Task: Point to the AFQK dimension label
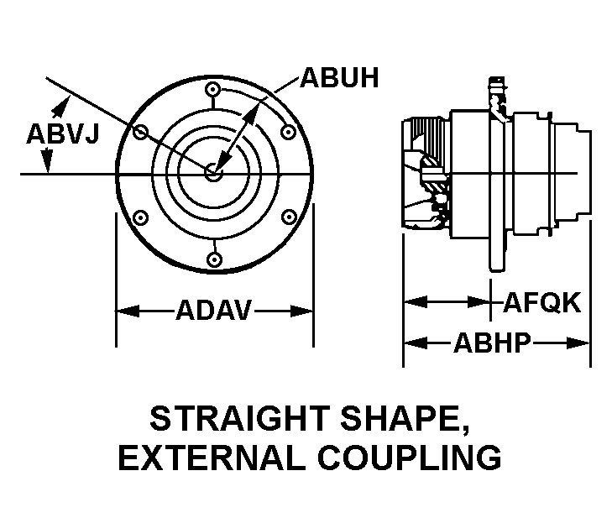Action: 541,302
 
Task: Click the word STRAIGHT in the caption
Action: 239,418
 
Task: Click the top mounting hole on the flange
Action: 214,90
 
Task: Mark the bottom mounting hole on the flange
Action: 214,259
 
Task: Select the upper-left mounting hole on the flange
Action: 141,131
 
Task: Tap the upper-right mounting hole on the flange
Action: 289,131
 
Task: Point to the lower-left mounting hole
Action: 141,217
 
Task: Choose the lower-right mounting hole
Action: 289,217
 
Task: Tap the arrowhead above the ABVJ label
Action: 60,103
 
